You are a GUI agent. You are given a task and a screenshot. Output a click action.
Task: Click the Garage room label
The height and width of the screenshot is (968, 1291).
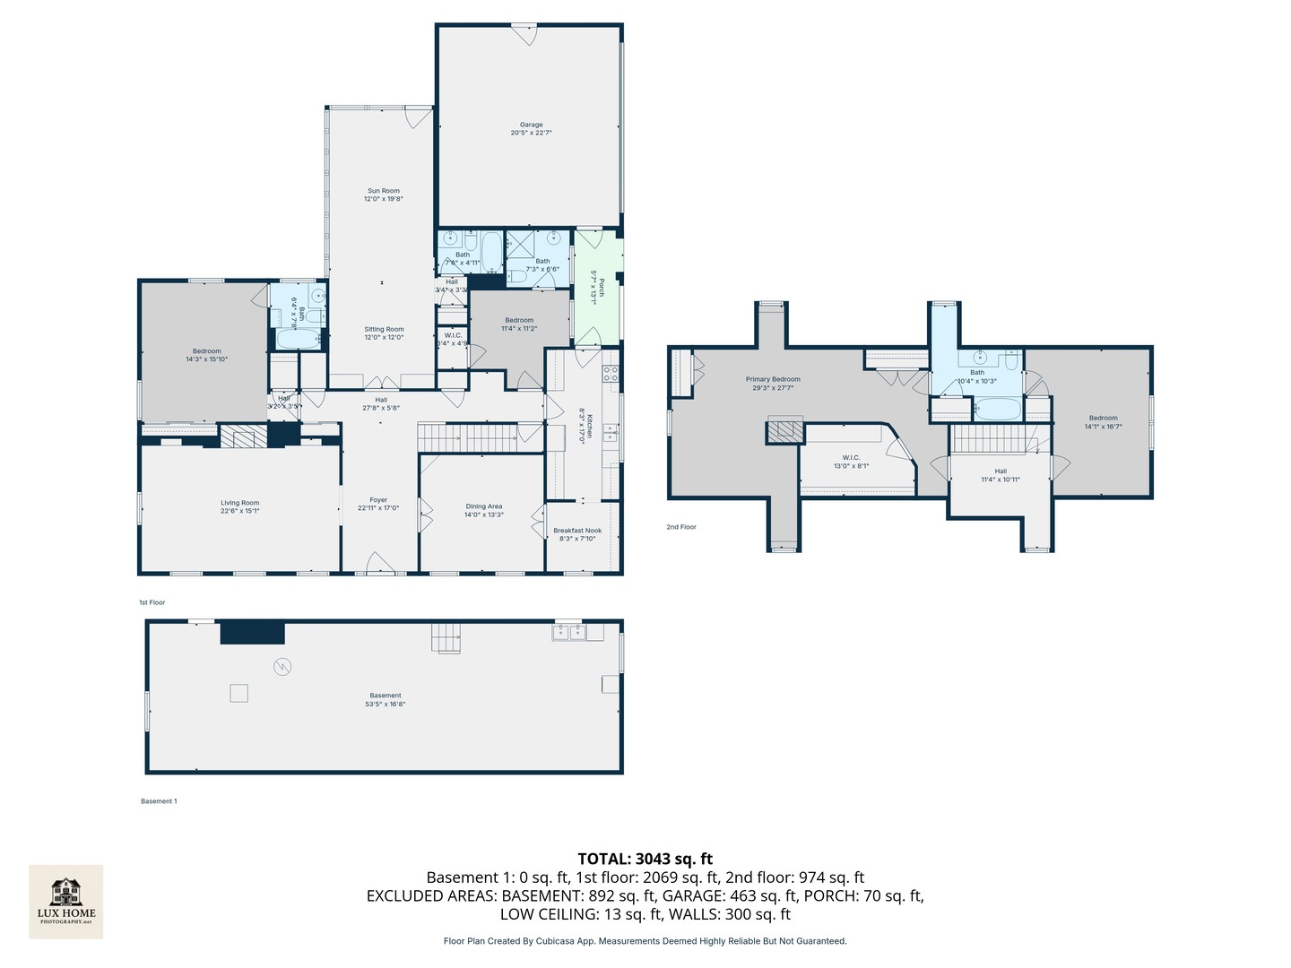[531, 125]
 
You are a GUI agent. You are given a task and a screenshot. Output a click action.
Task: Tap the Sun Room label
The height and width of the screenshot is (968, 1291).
[384, 191]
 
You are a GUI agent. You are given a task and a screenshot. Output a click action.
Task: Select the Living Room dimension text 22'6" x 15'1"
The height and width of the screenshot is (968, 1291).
[240, 511]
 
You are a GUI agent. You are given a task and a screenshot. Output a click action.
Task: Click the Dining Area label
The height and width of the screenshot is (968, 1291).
[483, 506]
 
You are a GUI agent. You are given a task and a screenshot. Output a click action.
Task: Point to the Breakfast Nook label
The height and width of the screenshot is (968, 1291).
[577, 531]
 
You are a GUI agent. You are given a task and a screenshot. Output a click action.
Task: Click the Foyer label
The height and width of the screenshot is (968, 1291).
[378, 500]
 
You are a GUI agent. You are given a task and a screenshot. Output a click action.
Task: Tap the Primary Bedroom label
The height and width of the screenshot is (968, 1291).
[773, 379]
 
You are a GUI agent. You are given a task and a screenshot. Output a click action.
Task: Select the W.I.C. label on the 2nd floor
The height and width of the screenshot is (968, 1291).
[851, 458]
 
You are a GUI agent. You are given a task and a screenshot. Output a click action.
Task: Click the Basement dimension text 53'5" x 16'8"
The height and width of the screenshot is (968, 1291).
[386, 704]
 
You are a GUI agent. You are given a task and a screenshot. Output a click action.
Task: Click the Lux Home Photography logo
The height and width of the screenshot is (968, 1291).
[66, 901]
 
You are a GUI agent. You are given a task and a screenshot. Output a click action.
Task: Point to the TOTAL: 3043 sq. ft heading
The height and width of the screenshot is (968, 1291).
[645, 859]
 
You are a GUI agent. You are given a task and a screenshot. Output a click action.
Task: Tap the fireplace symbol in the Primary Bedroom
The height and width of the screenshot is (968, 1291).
[784, 430]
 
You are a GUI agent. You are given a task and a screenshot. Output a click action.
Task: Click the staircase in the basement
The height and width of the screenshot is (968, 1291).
[446, 638]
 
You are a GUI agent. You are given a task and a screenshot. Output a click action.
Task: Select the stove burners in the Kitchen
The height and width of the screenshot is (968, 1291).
[610, 374]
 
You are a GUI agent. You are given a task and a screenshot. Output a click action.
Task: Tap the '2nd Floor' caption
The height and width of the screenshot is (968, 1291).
[681, 527]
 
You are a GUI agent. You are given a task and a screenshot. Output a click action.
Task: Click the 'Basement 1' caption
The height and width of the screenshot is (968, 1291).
[159, 801]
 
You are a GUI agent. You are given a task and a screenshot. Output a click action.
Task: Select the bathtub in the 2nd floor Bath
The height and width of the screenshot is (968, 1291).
[997, 410]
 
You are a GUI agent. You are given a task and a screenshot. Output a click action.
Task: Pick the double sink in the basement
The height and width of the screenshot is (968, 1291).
[568, 633]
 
